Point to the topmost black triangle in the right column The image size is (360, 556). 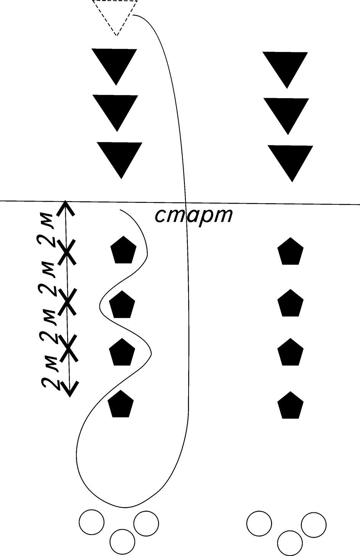(x=286, y=66)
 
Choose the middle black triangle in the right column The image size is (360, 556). (x=287, y=112)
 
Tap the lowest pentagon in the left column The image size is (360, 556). (x=121, y=404)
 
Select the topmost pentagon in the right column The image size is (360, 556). (x=290, y=252)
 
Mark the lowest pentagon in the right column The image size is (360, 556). (x=290, y=405)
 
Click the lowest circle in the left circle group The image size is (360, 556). (x=123, y=541)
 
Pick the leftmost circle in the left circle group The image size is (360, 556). (x=91, y=522)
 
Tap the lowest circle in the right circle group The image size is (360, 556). (x=290, y=543)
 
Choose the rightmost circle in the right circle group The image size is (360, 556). (x=314, y=525)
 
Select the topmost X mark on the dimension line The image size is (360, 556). (x=67, y=252)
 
